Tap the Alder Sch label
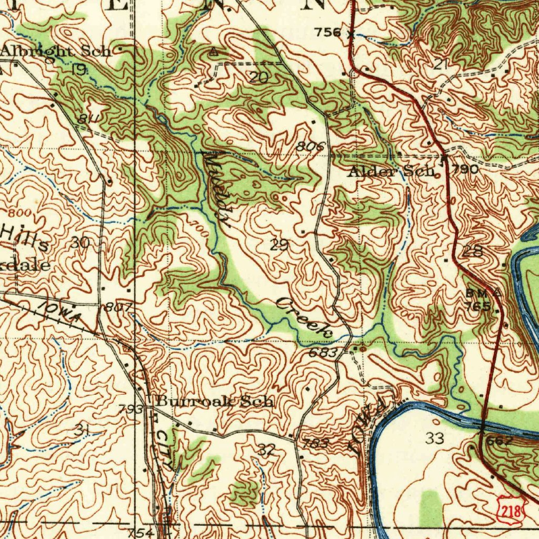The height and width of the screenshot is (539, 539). [x=392, y=171]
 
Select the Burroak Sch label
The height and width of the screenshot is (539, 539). [x=215, y=402]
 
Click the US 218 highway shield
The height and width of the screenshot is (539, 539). [x=510, y=510]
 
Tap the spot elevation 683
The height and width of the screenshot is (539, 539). [x=322, y=353]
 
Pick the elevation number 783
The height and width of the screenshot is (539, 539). [x=316, y=444]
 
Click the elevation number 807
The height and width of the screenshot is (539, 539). [x=114, y=307]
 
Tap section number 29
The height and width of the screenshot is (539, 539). [x=280, y=244]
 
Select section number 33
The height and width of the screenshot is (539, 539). [x=435, y=438]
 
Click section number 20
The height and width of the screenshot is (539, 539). [x=258, y=78]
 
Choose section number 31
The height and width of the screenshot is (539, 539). [x=82, y=430]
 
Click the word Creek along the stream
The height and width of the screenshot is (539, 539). [x=305, y=317]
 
